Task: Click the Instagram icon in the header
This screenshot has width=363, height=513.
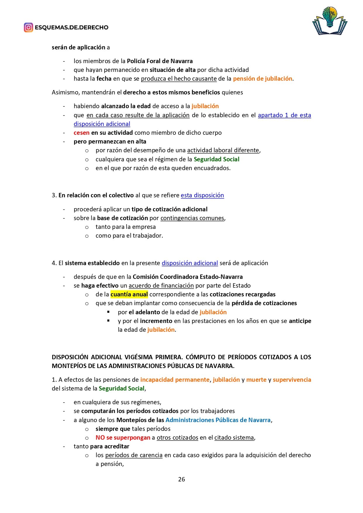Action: (x=28, y=27)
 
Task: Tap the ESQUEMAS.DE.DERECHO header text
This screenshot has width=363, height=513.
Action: (x=71, y=27)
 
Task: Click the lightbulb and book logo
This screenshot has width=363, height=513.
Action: (x=330, y=21)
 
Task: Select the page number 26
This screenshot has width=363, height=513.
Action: (x=181, y=479)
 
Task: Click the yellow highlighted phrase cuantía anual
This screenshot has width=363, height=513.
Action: (x=129, y=294)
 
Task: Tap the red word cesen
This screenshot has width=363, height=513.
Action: (x=81, y=133)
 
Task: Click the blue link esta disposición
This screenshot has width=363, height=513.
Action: (x=202, y=195)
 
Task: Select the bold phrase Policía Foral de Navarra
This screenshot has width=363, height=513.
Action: (x=160, y=61)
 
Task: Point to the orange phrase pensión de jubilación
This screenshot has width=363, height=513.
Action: (x=262, y=79)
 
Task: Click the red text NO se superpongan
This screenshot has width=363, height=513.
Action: (x=123, y=438)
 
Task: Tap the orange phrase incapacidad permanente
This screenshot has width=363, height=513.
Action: (x=175, y=380)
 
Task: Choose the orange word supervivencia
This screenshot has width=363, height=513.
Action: (x=292, y=380)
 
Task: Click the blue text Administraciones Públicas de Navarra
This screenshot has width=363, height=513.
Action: (x=218, y=420)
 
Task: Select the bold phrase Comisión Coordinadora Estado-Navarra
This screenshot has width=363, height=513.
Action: (x=187, y=277)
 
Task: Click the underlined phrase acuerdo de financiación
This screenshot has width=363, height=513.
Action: (x=161, y=286)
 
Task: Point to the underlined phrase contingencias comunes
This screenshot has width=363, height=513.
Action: (x=192, y=218)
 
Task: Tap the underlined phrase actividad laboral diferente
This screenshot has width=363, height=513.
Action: (x=223, y=150)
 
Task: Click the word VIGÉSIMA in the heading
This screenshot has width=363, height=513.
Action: (x=139, y=357)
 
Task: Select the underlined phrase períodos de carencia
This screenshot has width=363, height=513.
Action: (x=134, y=455)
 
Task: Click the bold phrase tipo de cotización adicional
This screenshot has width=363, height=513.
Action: (x=169, y=209)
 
